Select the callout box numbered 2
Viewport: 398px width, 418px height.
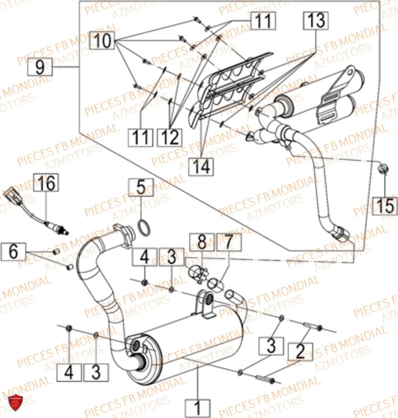pyautogui.click(x=300, y=351)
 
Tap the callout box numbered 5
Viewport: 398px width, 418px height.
pyautogui.click(x=141, y=188)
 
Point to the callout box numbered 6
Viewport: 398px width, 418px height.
pyautogui.click(x=14, y=252)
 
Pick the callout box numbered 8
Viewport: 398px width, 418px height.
pyautogui.click(x=202, y=242)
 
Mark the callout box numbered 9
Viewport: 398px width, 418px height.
pyautogui.click(x=40, y=66)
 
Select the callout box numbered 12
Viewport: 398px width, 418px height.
pyautogui.click(x=170, y=137)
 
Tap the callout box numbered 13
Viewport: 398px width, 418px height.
pyautogui.click(x=316, y=20)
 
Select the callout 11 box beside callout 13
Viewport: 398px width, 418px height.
pyautogui.click(x=264, y=20)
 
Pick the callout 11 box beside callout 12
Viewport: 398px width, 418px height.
pyautogui.click(x=141, y=137)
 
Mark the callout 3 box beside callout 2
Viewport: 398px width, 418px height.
pyautogui.click(x=272, y=346)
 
